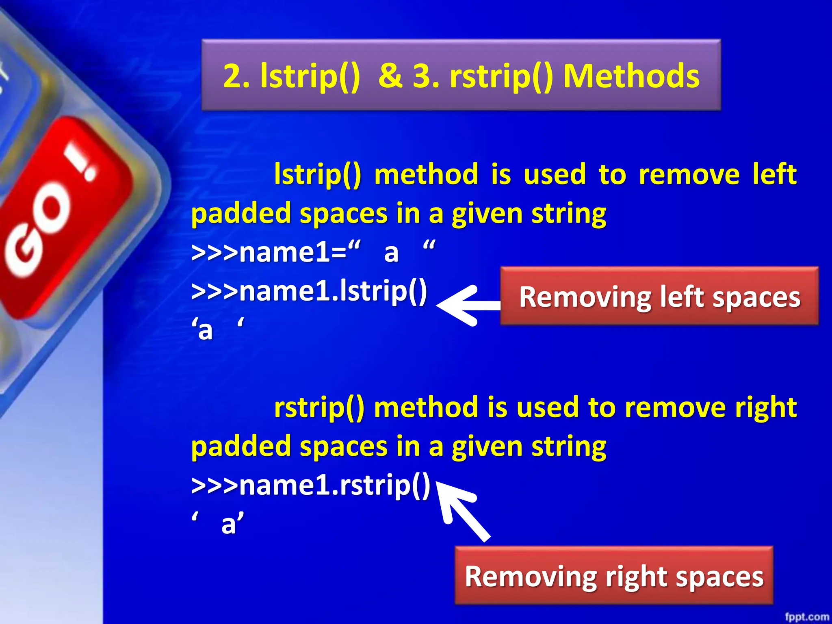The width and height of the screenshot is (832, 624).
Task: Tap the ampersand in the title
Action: pos(390,76)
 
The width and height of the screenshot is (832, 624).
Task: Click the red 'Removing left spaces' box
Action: pos(659,296)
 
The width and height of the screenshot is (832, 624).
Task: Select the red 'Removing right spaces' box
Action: pos(613,575)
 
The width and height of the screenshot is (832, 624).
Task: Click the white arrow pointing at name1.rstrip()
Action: pos(463,510)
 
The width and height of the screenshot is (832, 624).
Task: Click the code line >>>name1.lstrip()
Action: pos(309,291)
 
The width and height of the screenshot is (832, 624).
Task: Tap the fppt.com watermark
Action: pos(806,617)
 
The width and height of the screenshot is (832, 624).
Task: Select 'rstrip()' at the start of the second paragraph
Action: pos(319,407)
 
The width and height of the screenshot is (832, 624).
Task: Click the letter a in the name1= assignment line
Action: pos(391,253)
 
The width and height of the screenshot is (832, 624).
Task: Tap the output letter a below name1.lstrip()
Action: pos(206,330)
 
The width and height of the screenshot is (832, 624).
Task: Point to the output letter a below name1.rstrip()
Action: pos(229,524)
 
